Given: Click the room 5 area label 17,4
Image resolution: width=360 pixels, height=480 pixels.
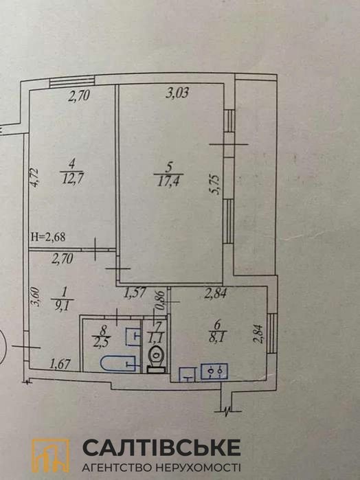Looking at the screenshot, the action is (x=168, y=182).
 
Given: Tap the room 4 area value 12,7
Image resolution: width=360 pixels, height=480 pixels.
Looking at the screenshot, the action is (x=73, y=178).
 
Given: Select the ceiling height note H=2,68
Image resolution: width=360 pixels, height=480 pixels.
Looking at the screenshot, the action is (x=48, y=237).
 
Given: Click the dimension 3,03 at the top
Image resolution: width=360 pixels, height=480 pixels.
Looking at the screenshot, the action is (x=177, y=93).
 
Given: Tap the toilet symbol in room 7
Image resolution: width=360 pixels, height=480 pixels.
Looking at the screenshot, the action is (x=156, y=358).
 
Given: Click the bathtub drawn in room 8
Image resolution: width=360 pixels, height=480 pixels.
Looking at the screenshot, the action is (x=118, y=363).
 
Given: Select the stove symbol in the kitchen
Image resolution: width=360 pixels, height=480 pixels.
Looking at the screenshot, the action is (x=214, y=372).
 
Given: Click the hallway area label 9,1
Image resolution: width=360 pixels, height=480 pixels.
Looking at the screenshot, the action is (x=63, y=305).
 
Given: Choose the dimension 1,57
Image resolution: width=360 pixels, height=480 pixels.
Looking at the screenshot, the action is (x=135, y=294).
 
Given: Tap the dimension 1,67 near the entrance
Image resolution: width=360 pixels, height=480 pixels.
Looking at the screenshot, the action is (x=60, y=364).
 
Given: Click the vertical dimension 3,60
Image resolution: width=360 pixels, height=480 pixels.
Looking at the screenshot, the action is (x=35, y=297).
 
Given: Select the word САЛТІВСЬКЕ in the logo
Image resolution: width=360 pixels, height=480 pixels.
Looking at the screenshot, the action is (x=161, y=447).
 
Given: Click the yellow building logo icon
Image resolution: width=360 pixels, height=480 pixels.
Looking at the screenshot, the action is (x=51, y=455).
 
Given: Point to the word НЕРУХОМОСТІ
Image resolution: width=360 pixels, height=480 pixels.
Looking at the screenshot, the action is (x=198, y=468).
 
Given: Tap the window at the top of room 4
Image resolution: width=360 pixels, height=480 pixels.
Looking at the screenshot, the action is (x=71, y=82).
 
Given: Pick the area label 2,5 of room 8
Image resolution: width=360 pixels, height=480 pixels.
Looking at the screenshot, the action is (x=102, y=341).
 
